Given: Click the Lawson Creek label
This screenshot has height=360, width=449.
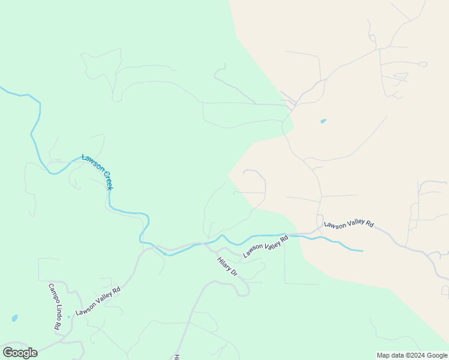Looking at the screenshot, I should click(97, 172).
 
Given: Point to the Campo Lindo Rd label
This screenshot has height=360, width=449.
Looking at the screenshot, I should click(53, 307).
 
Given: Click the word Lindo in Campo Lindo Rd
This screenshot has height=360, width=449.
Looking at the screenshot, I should click(54, 309).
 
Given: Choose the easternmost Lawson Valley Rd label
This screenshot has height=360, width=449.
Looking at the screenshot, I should click(349, 224).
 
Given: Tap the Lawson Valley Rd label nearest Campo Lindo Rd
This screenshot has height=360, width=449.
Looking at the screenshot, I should click(98, 301).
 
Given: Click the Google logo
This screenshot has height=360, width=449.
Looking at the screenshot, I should click(20, 353).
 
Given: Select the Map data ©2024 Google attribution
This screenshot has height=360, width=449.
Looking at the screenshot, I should click(412, 355).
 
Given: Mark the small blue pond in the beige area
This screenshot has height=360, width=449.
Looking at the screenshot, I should click(324, 121).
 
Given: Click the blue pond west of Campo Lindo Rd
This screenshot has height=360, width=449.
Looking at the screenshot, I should click(14, 318).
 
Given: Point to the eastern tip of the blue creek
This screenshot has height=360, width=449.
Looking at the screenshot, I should click(362, 250).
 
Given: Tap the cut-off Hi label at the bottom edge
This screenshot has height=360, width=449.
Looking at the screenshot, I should click(177, 356).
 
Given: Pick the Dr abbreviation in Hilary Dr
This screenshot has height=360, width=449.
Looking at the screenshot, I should click(235, 274).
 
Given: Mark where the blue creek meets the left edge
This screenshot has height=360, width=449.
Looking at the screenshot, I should click(1, 88).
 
